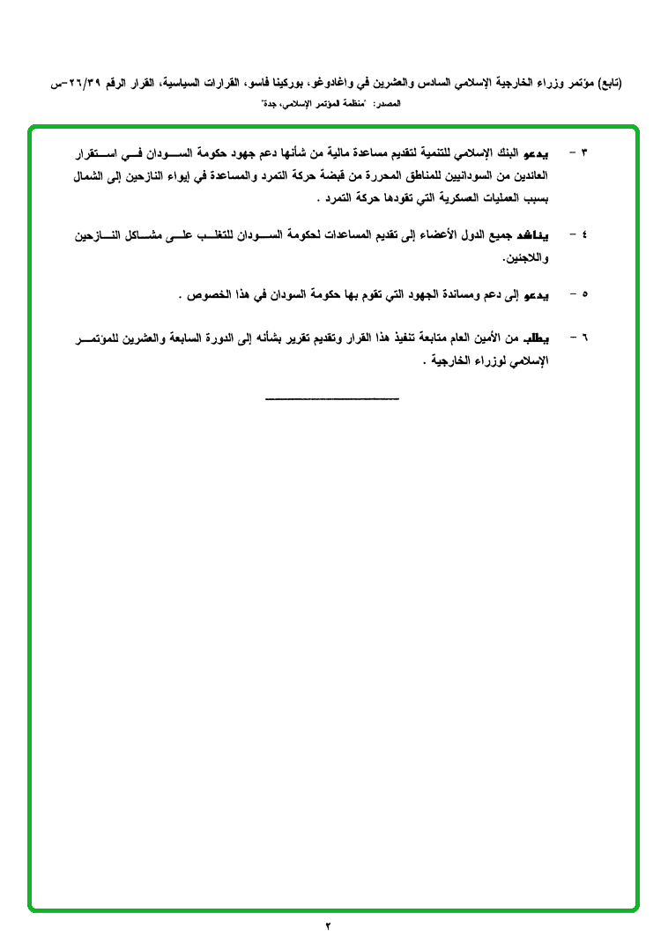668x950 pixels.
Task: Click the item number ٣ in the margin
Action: point(584,153)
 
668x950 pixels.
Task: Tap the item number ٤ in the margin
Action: point(584,237)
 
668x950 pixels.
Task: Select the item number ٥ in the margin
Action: point(584,295)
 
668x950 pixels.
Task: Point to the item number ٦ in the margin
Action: point(584,338)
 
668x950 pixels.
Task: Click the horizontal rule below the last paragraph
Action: point(332,399)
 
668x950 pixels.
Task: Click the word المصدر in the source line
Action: point(388,104)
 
